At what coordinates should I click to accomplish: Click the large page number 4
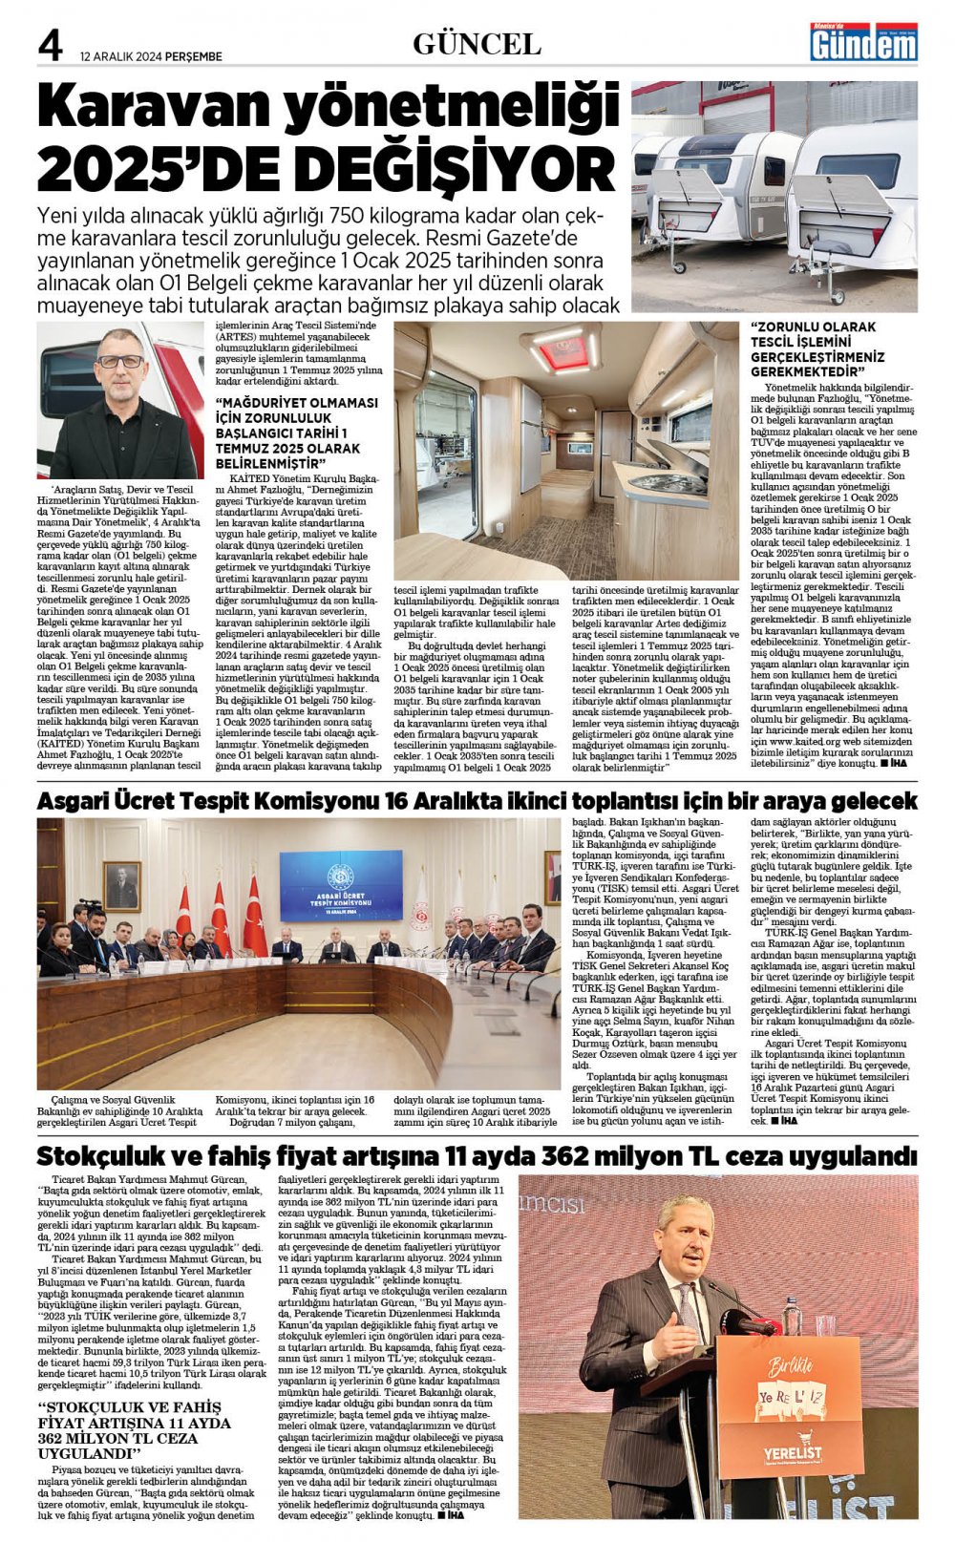(x=51, y=46)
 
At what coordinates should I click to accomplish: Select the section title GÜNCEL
(x=477, y=44)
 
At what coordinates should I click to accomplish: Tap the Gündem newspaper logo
(x=863, y=42)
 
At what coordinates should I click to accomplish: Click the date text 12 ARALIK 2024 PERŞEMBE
(x=151, y=56)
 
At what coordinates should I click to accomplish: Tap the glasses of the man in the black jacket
(x=121, y=361)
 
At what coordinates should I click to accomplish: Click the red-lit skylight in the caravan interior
(x=560, y=351)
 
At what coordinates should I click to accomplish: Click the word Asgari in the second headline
(x=79, y=801)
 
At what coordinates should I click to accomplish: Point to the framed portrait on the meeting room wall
(x=121, y=886)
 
